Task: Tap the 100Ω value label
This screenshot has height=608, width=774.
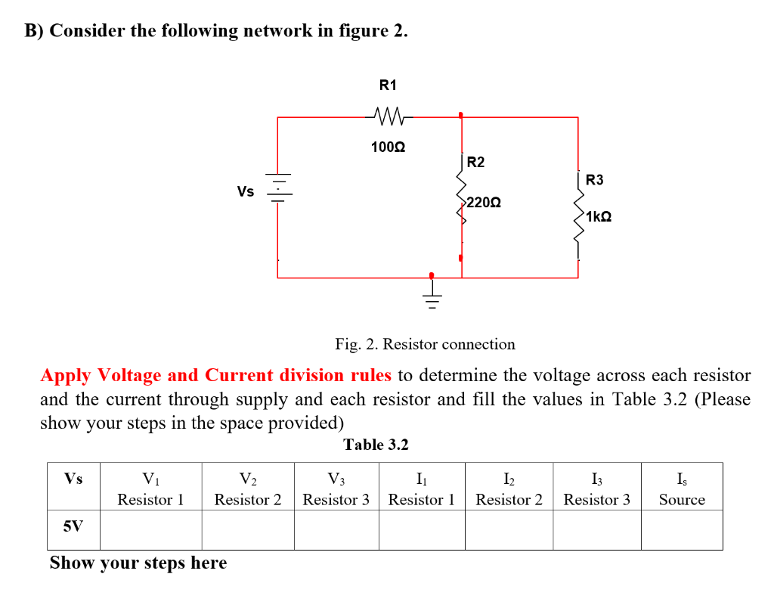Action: (x=388, y=147)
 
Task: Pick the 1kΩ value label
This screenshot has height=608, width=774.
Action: (x=598, y=217)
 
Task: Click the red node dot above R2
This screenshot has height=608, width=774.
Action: (x=460, y=116)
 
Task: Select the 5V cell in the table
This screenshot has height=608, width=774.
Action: (x=73, y=528)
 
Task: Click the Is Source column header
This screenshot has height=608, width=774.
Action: (x=681, y=489)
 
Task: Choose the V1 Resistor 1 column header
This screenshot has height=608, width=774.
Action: (x=150, y=489)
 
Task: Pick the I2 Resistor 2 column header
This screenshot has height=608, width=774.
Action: (x=509, y=489)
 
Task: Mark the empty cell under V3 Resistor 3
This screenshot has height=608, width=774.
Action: (x=336, y=529)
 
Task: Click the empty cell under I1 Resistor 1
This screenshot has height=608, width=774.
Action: (x=421, y=529)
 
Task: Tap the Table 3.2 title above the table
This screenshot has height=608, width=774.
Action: (x=376, y=445)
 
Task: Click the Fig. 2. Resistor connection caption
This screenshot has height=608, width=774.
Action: (x=425, y=345)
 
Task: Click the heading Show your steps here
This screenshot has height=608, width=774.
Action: (x=138, y=563)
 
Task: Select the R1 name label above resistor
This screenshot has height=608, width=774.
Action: (x=387, y=85)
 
